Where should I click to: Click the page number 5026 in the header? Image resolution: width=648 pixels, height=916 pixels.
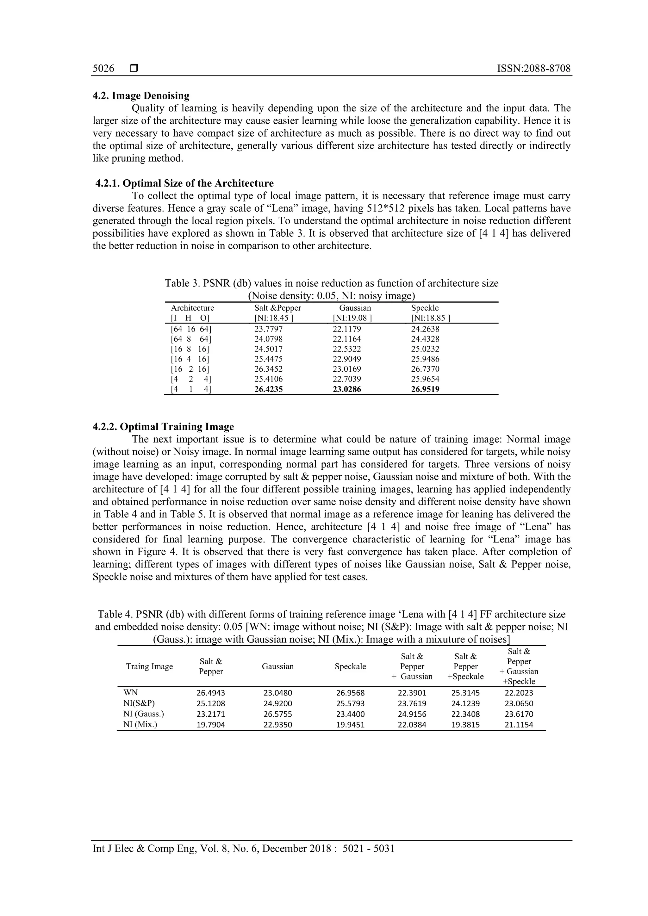click(x=103, y=69)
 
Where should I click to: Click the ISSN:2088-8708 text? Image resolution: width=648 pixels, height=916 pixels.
click(x=533, y=69)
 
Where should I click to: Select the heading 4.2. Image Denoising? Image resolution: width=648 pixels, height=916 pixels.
click(x=141, y=96)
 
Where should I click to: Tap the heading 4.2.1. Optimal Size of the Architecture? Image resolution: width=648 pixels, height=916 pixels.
click(x=184, y=183)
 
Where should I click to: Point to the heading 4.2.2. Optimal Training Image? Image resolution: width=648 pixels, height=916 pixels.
click(x=163, y=427)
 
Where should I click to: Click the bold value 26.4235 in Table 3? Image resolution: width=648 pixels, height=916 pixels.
click(x=269, y=389)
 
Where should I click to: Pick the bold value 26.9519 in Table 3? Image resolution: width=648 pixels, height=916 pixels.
click(x=425, y=389)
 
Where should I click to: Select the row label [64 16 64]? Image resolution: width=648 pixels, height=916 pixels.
click(x=191, y=329)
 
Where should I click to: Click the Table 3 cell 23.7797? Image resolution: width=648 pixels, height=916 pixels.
click(x=269, y=329)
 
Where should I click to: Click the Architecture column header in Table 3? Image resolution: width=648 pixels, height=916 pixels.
click(x=192, y=308)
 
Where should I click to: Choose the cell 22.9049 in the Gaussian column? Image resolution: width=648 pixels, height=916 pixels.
click(x=347, y=359)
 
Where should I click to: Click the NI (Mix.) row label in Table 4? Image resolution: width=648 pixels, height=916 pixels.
click(x=140, y=725)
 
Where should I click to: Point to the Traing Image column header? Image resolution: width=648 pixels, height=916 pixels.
click(x=149, y=667)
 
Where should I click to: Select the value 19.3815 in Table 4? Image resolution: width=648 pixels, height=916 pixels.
click(x=465, y=725)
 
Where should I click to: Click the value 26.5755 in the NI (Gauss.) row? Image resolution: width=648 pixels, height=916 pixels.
click(x=278, y=714)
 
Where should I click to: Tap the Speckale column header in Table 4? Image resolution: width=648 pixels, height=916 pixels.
click(x=350, y=667)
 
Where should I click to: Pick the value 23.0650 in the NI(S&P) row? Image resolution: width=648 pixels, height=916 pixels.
click(x=519, y=704)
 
